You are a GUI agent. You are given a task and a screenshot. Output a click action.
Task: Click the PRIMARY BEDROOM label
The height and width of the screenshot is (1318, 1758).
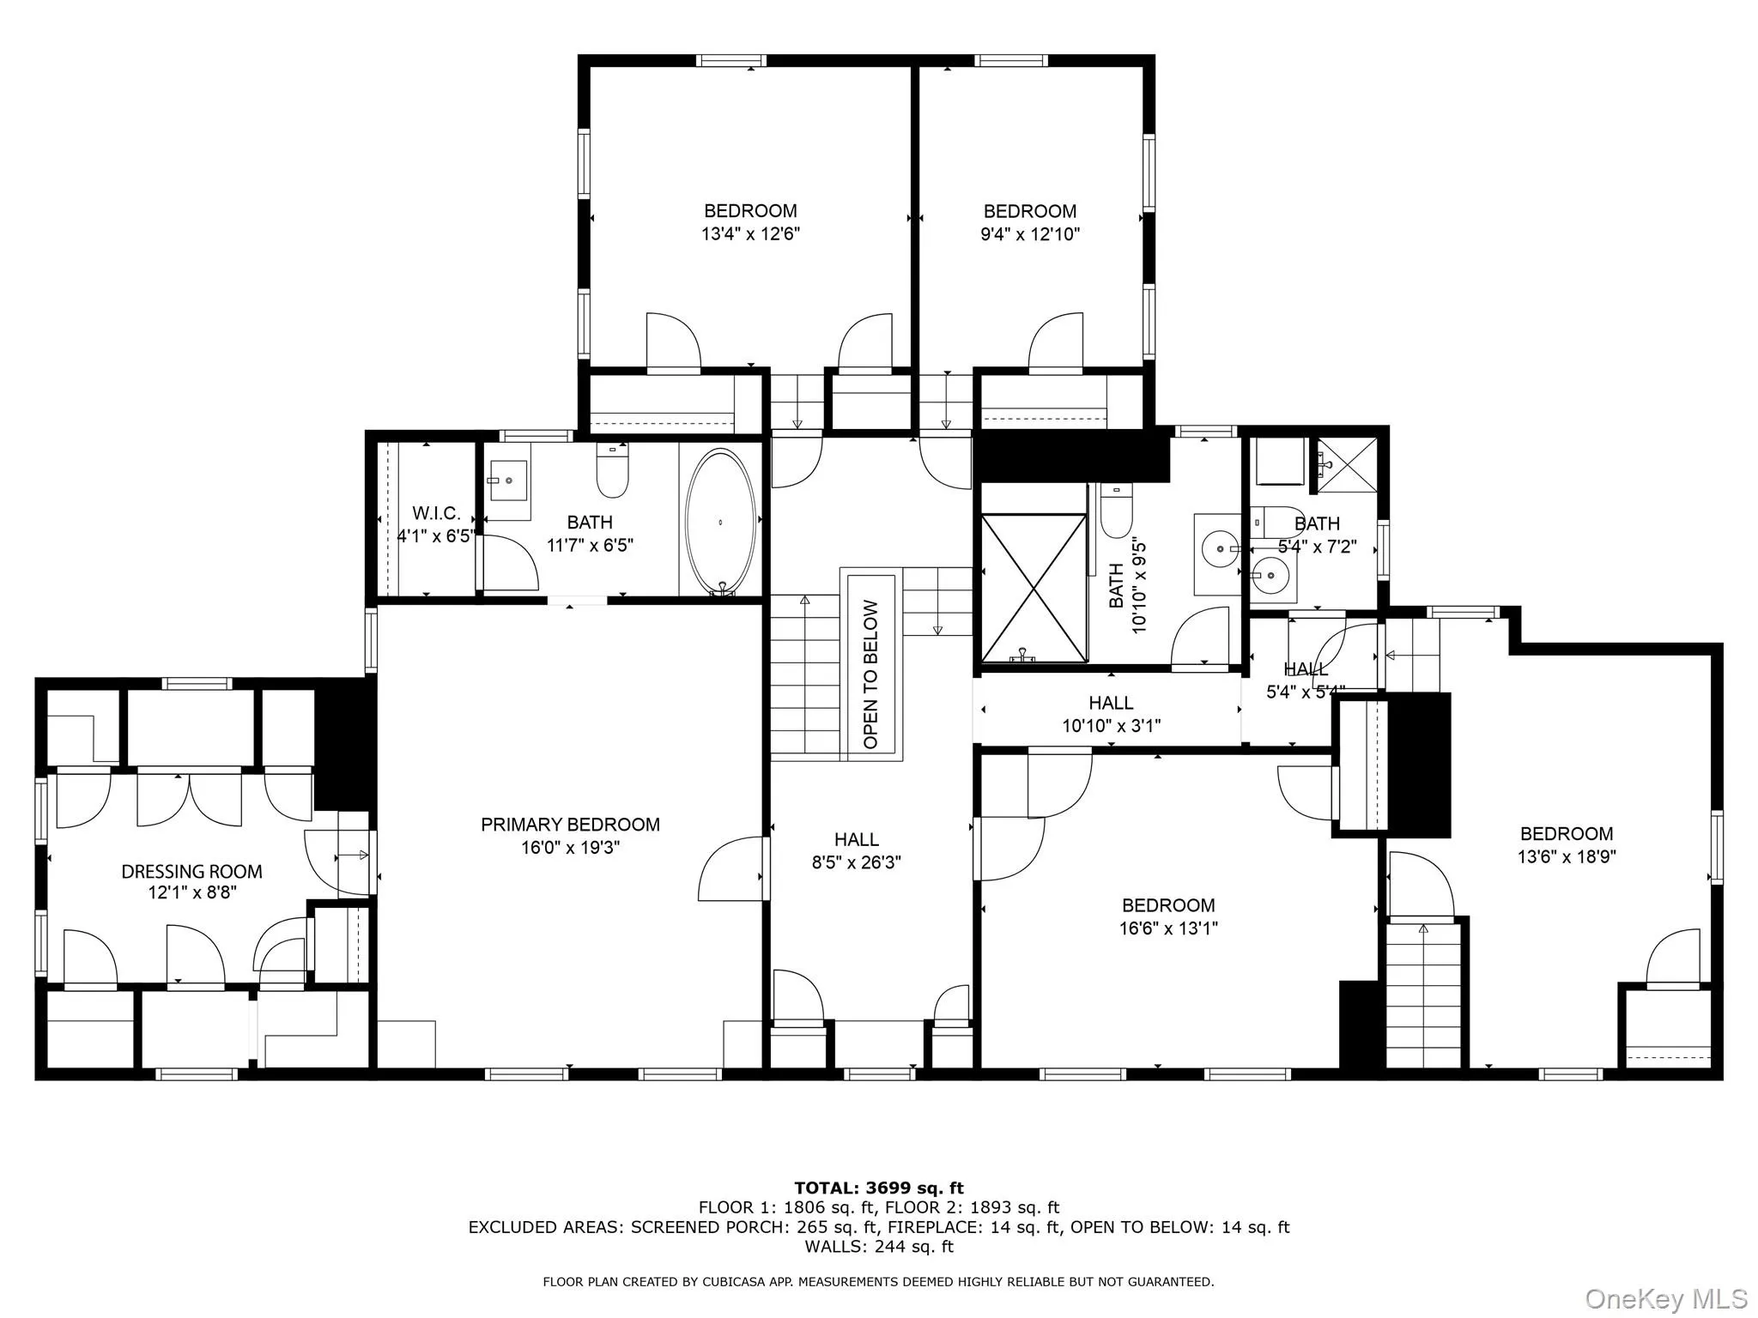coord(570,825)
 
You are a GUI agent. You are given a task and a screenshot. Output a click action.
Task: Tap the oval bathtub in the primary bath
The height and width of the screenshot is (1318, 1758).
coord(720,522)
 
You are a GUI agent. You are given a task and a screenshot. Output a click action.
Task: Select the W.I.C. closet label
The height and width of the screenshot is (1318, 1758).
coord(436,513)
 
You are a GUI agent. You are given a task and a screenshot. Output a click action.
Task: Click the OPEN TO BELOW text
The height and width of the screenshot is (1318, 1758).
coord(871,674)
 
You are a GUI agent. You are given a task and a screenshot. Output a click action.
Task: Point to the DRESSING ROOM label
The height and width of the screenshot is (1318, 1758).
coord(191,872)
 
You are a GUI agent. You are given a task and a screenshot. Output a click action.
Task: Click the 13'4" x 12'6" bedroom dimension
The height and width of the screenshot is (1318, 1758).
coord(750,233)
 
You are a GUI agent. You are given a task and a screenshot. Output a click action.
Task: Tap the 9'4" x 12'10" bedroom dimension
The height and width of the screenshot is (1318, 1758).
coord(1030,233)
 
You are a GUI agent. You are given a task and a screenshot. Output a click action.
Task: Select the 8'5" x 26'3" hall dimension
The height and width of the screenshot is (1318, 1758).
coord(856,862)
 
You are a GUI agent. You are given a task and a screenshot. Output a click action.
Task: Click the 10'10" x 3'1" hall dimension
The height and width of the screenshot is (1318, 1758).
coord(1111,726)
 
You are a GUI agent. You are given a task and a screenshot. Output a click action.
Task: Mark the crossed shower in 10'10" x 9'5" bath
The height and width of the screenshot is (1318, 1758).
coord(1034,588)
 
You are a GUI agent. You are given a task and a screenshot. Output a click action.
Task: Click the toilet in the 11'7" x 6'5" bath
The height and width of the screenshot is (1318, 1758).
coord(612,473)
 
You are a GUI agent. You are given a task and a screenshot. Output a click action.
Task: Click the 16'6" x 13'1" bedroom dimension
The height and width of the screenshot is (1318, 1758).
coord(1168,928)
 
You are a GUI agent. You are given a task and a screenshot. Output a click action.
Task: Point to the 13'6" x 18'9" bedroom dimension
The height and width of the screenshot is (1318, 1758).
coord(1567,856)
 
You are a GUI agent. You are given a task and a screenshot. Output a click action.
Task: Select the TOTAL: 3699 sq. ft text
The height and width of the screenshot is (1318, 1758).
coord(878,1188)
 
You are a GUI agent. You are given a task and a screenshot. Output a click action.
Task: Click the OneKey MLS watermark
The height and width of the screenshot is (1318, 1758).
coord(1665,1298)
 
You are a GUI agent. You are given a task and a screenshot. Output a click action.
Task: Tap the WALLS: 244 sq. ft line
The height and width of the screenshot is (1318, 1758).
coord(878,1247)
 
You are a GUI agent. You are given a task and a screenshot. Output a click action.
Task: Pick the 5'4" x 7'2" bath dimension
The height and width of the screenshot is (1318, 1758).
coord(1317,547)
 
